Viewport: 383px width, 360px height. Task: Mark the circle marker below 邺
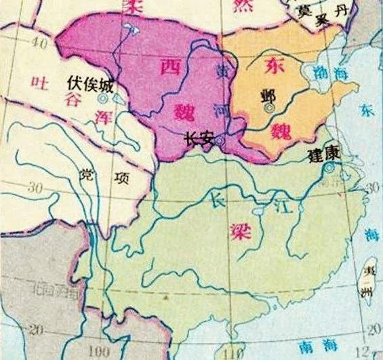(x=270, y=107)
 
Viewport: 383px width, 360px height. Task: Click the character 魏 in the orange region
(x=280, y=129)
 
